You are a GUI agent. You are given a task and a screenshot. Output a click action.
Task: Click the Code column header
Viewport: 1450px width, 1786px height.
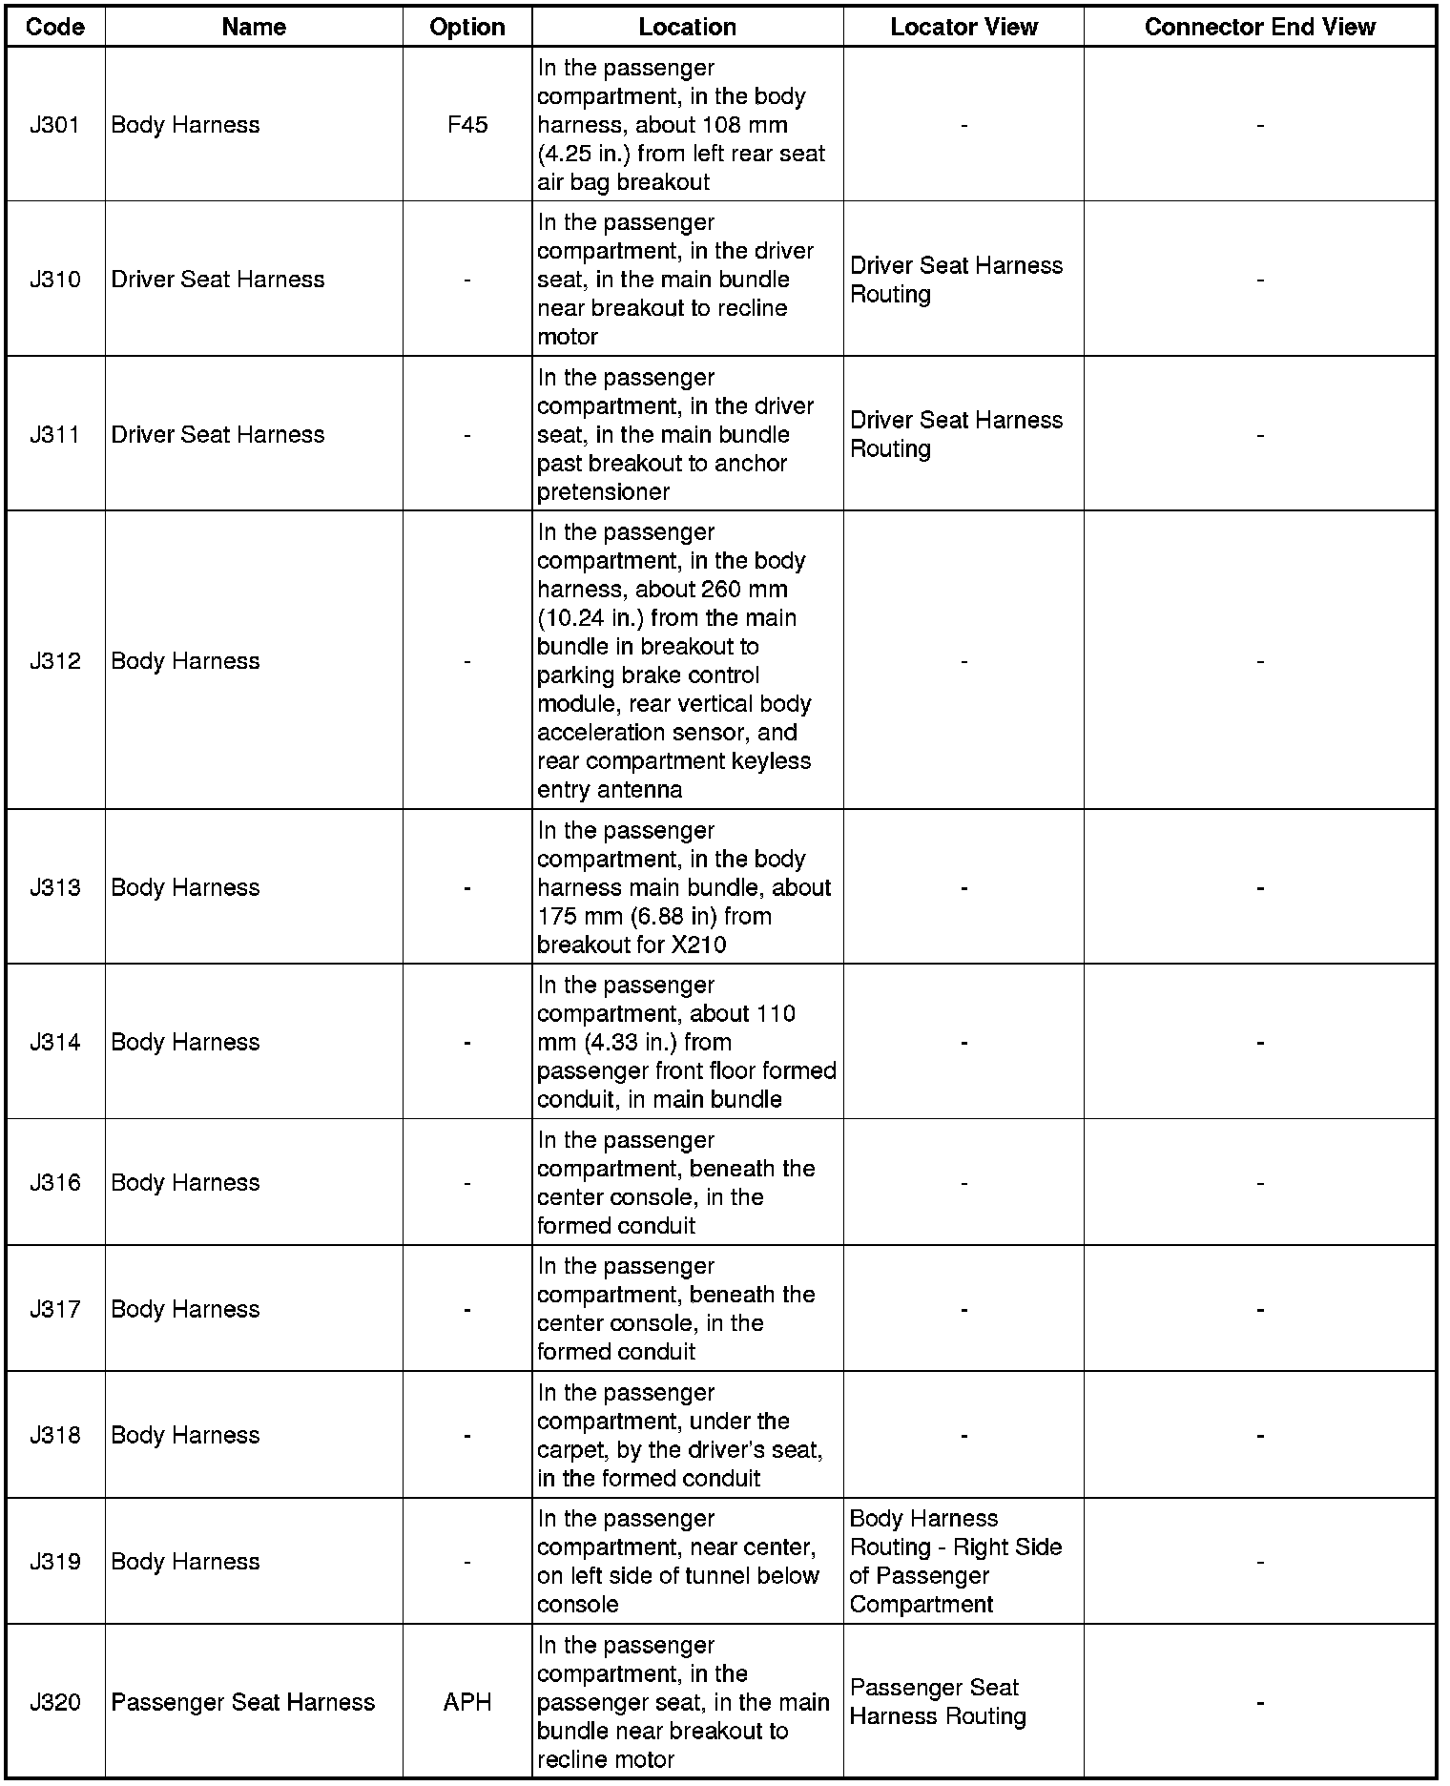point(55,27)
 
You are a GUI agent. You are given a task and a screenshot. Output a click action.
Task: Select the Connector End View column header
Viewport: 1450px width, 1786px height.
point(1259,27)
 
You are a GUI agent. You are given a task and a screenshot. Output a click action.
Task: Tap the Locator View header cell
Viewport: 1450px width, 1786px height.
point(963,27)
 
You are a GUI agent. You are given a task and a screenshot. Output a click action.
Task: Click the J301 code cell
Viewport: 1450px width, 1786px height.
point(55,125)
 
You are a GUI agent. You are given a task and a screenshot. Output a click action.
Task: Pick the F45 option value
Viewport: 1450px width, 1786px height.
point(467,125)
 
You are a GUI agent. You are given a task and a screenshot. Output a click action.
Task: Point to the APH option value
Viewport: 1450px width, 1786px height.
point(467,1702)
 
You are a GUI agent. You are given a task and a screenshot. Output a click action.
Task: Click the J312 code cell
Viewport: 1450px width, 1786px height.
point(55,661)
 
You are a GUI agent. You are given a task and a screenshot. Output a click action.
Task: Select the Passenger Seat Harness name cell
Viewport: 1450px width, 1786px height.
point(243,1702)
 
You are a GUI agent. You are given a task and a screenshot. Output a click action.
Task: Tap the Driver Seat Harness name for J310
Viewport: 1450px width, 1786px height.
point(217,280)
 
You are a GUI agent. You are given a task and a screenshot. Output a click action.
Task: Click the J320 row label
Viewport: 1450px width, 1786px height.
point(55,1702)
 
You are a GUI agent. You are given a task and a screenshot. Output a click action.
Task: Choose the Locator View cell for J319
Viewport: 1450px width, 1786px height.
point(955,1561)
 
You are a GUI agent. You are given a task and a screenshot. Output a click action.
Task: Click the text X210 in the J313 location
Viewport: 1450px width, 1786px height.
point(698,945)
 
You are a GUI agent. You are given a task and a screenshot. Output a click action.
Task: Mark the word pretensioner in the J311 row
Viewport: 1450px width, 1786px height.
point(603,492)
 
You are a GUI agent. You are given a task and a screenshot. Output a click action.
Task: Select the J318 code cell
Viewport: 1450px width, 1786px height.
point(55,1435)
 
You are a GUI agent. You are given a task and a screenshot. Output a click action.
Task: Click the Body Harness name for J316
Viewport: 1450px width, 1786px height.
point(185,1183)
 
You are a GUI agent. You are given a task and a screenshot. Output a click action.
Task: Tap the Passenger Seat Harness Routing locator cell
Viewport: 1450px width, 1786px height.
point(938,1702)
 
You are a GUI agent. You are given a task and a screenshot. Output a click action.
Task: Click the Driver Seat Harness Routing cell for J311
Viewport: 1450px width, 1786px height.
point(956,434)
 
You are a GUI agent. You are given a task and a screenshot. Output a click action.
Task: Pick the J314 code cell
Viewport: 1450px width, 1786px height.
point(55,1042)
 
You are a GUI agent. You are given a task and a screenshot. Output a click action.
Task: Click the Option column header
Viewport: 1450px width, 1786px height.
point(467,27)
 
